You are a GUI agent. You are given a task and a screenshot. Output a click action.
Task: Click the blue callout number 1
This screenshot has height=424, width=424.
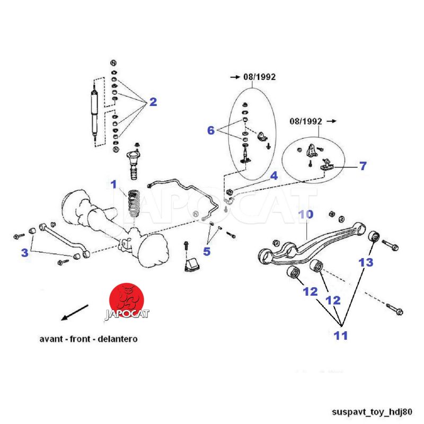[113, 184]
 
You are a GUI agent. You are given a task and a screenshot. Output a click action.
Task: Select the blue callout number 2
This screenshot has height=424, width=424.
[153, 102]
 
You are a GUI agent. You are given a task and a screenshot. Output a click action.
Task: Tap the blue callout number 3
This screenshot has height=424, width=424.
[24, 253]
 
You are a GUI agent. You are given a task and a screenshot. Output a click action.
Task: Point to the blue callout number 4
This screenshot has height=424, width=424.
[273, 175]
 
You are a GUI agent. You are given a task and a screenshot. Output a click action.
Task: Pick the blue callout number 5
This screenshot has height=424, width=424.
[207, 251]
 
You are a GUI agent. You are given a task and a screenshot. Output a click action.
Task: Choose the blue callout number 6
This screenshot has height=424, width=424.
[210, 130]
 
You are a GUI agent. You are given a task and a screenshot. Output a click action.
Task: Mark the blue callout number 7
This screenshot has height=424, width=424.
[363, 166]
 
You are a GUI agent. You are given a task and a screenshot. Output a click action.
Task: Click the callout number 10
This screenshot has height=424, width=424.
[306, 215]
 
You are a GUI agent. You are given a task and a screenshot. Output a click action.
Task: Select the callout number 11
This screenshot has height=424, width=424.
[341, 335]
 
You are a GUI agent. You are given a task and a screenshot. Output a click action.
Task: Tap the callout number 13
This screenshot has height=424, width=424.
[366, 262]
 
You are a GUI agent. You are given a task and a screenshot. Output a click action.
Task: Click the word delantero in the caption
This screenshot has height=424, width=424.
[117, 338]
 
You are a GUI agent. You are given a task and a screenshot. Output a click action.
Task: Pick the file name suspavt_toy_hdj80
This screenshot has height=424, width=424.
[375, 411]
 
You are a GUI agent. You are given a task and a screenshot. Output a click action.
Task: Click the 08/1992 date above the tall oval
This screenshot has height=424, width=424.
[259, 77]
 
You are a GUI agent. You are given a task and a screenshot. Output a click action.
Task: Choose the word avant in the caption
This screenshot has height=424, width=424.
[51, 338]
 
